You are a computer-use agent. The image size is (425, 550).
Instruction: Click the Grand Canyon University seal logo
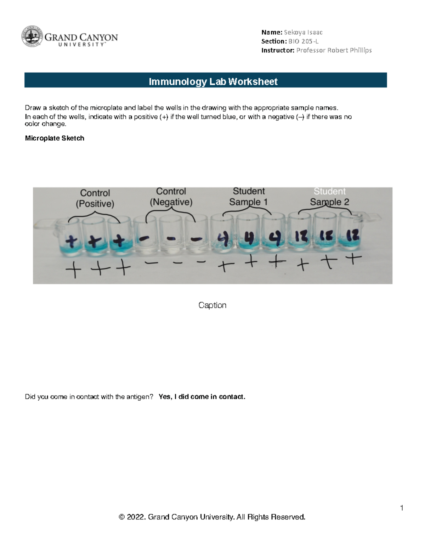click(32, 36)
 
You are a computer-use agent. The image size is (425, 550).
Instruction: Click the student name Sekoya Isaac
click(303, 32)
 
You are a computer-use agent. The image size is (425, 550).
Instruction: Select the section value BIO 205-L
click(304, 41)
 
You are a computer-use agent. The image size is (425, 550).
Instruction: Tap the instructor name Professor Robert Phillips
click(334, 50)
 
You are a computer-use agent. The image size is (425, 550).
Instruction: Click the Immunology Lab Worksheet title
click(213, 81)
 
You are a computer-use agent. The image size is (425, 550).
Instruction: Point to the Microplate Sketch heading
click(55, 138)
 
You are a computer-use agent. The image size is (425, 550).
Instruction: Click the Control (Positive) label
click(95, 198)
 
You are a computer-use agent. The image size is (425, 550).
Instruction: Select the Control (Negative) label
click(171, 197)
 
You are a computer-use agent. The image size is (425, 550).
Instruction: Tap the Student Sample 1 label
click(248, 197)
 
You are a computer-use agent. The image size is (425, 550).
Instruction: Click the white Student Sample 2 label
click(329, 197)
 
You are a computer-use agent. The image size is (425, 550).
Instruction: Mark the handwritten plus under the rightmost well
click(353, 260)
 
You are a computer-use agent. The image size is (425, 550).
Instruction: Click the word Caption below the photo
click(212, 305)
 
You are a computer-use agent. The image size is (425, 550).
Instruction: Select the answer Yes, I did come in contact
click(202, 397)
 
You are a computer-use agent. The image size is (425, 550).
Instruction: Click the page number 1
click(402, 508)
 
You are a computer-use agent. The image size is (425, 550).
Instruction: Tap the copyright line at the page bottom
click(212, 517)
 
